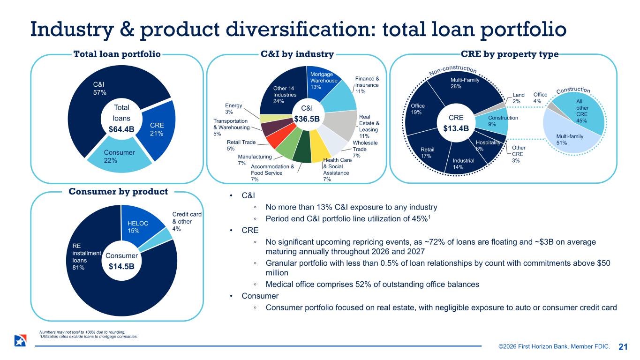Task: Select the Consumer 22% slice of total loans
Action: pos(119,157)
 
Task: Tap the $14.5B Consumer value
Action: pos(121,266)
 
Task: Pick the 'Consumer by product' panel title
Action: pos(118,192)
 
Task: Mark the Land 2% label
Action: pos(519,98)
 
